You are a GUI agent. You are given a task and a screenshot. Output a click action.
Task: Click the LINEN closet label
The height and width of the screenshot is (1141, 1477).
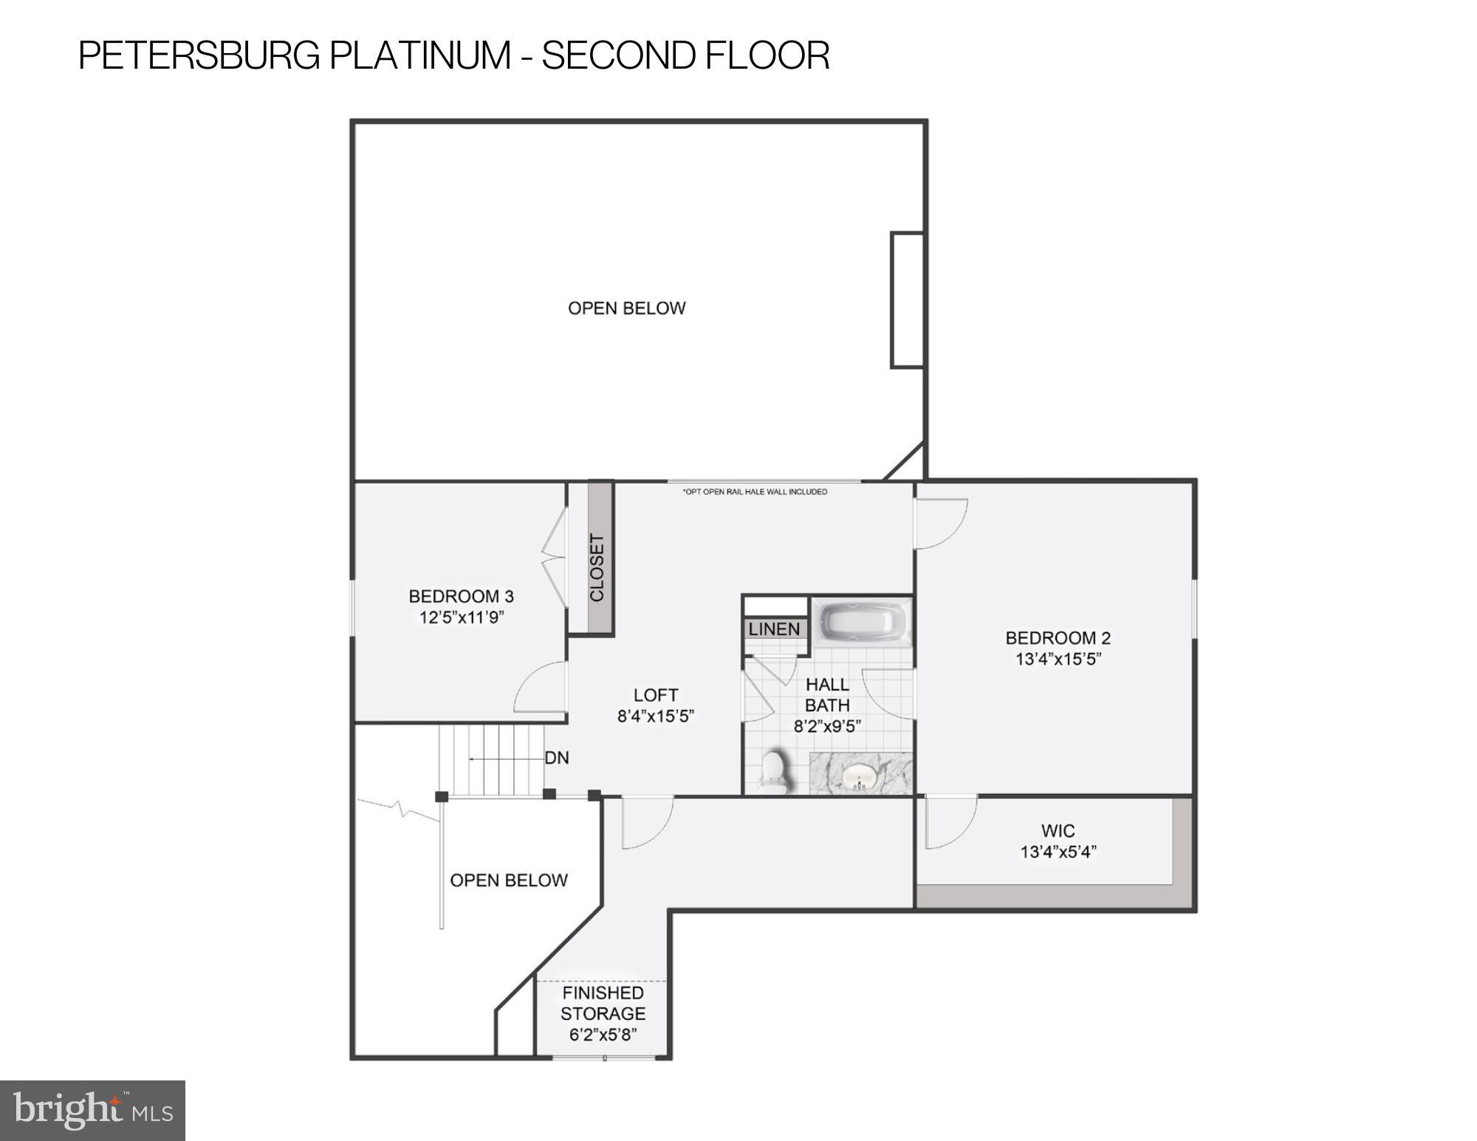[774, 629]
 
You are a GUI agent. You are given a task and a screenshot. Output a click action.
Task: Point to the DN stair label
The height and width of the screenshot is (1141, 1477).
[557, 758]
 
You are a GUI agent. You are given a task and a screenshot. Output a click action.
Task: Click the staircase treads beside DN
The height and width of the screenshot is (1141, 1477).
[491, 759]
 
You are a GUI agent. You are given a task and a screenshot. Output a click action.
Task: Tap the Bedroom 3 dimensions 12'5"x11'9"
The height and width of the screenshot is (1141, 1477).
[462, 617]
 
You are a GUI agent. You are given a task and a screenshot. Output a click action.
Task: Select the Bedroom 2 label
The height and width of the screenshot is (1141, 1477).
[1058, 638]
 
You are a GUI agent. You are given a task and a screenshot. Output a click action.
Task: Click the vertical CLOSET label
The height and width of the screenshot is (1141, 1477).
[597, 567]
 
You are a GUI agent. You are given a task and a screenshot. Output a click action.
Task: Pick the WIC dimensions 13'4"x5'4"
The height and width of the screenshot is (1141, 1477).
[1058, 852]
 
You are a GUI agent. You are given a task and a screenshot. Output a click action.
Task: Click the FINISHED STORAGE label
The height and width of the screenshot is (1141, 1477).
[603, 1003]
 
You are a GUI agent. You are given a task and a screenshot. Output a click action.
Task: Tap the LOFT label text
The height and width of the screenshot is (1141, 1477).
[656, 695]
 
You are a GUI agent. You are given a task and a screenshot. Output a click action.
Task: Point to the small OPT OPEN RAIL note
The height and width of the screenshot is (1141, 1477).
[755, 492]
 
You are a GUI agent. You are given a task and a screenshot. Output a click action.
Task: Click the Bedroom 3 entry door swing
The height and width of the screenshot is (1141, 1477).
[541, 688]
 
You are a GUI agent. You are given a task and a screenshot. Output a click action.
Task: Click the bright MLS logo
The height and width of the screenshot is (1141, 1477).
[92, 1110]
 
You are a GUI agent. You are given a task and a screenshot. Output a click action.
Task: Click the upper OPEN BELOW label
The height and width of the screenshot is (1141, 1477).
[626, 309]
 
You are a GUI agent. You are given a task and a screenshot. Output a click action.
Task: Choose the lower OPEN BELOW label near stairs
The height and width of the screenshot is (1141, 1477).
[509, 880]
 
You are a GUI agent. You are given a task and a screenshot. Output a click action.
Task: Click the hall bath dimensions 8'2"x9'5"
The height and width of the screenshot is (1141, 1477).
[827, 726]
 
